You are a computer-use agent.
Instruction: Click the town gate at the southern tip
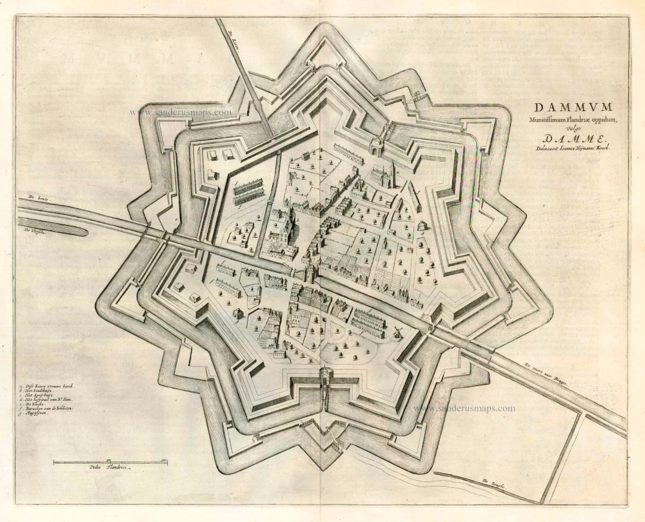coord(326,376)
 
